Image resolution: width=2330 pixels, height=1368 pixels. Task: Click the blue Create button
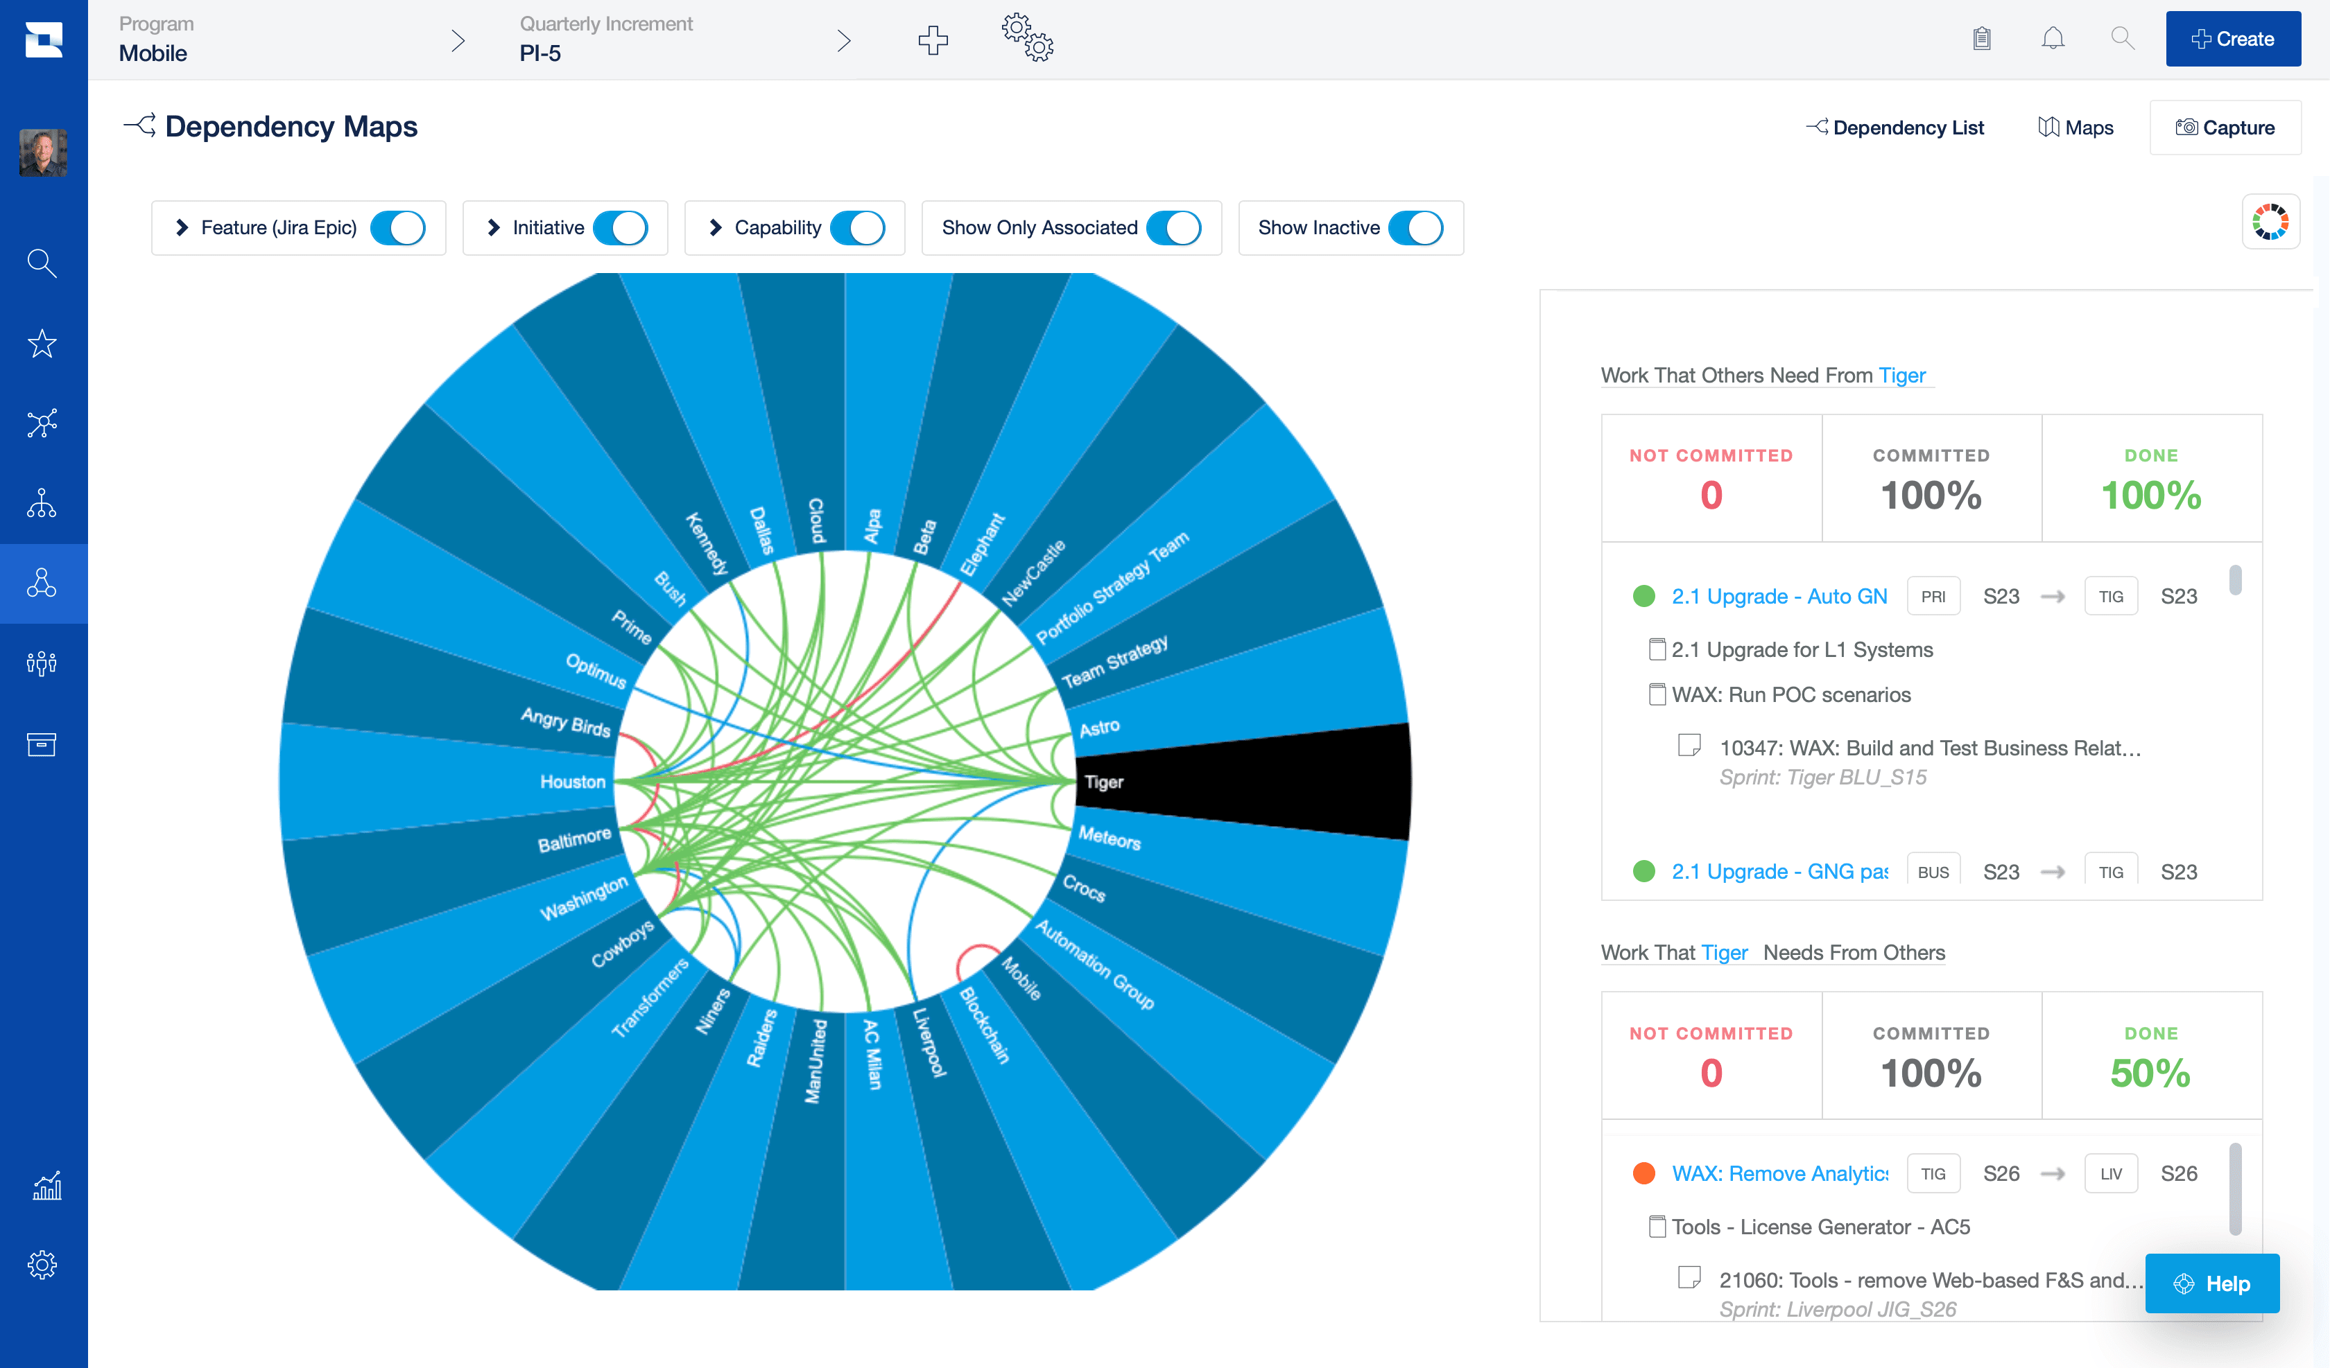(2232, 39)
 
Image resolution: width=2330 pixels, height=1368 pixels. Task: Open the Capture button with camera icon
(2225, 128)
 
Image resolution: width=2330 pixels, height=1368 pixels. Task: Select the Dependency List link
(1895, 128)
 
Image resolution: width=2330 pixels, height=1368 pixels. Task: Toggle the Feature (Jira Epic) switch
(397, 228)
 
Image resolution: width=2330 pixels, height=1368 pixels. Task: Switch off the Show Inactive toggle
(1415, 228)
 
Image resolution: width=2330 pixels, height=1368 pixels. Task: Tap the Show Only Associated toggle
(1173, 228)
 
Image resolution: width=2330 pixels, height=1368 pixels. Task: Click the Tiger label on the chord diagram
(1104, 782)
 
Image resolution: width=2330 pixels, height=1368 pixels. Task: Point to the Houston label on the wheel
(572, 782)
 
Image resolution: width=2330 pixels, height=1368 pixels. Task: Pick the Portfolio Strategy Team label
(1112, 588)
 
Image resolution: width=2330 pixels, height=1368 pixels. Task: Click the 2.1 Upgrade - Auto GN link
(1779, 596)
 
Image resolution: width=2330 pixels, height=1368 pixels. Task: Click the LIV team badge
(2111, 1174)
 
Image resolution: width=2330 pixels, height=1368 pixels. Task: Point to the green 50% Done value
(2150, 1073)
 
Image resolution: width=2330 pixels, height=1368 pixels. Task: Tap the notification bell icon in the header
(2053, 39)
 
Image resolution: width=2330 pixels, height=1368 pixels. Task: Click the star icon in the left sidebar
(42, 344)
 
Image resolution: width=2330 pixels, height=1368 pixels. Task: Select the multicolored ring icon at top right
(2270, 222)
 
